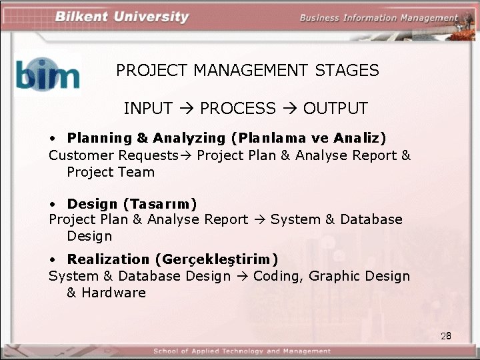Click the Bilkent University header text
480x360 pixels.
pyautogui.click(x=122, y=17)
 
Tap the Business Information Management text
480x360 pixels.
pyautogui.click(x=378, y=18)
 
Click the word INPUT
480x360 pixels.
pyautogui.click(x=148, y=108)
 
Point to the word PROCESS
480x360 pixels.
pyautogui.click(x=237, y=108)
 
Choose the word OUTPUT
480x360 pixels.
pyautogui.click(x=335, y=108)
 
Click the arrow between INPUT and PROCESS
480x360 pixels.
pyautogui.click(x=187, y=108)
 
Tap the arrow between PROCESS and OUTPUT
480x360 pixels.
pyautogui.click(x=289, y=108)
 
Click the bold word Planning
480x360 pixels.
pyautogui.click(x=99, y=138)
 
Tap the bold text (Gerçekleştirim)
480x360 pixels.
pyautogui.click(x=217, y=259)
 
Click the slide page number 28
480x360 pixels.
pyautogui.click(x=446, y=336)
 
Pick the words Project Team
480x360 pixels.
pyautogui.click(x=111, y=172)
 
